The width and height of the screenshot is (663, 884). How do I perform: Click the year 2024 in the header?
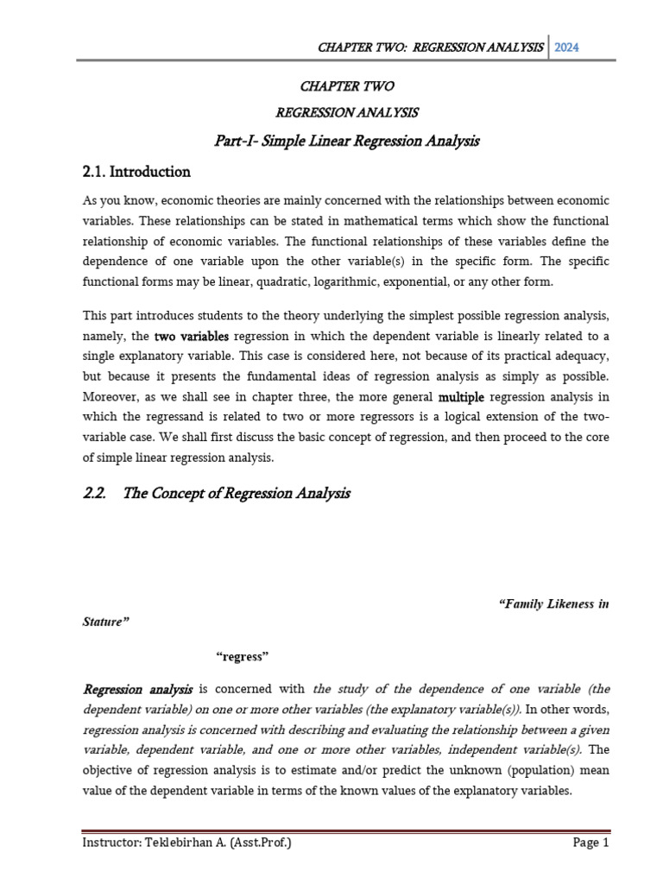point(567,47)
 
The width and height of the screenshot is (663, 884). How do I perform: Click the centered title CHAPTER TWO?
point(346,86)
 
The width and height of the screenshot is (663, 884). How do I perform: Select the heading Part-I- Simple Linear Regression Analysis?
point(346,140)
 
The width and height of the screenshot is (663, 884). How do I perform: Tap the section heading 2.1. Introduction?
point(136,171)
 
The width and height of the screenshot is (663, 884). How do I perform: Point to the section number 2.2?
point(98,494)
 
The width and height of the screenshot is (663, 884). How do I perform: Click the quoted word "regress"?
point(243,657)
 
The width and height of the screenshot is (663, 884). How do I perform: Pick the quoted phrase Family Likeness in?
point(554,604)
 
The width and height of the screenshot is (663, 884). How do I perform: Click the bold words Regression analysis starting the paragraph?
point(138,689)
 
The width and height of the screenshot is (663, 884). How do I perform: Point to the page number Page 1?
point(591,843)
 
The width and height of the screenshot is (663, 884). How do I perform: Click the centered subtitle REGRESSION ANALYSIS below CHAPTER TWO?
point(346,112)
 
